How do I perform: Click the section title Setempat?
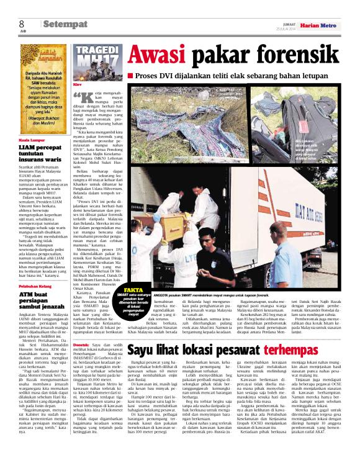(65, 24)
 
